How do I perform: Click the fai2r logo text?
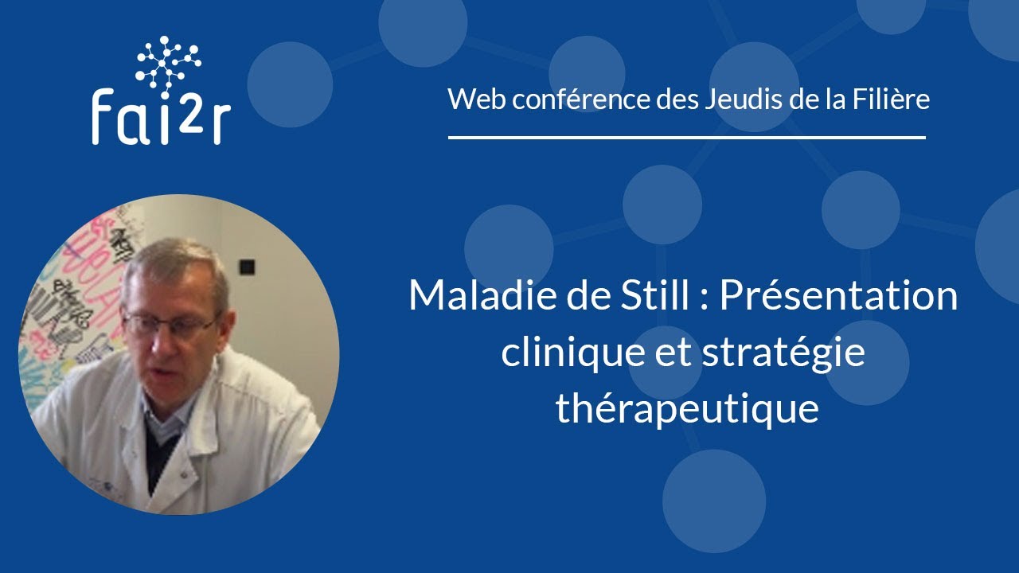pos(161,116)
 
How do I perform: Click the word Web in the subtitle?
pos(472,99)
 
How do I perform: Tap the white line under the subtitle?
pos(686,138)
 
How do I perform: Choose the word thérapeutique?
pos(687,409)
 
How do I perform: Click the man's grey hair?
pos(171,259)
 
